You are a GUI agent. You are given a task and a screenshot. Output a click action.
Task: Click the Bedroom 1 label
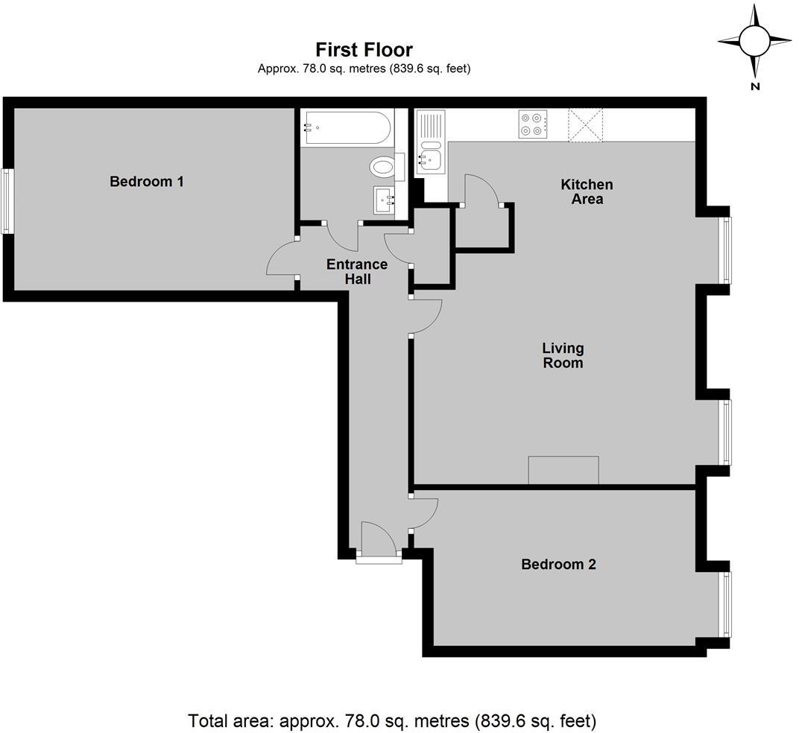146,181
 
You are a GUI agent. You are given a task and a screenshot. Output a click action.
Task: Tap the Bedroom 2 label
558,564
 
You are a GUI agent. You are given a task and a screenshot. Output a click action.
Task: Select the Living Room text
563,355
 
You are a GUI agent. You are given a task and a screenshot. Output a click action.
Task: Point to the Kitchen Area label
587,191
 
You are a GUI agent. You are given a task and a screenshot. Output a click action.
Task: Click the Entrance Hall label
357,271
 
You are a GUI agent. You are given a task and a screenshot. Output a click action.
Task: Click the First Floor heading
364,50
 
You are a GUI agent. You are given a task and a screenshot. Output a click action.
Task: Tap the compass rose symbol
754,41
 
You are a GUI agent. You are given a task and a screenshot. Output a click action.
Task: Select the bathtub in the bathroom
347,127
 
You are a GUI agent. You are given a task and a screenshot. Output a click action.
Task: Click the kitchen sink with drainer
430,144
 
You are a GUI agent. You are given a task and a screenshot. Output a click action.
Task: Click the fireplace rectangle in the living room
563,470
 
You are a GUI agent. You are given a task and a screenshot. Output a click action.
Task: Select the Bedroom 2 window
725,604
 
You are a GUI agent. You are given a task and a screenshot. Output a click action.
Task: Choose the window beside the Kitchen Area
725,250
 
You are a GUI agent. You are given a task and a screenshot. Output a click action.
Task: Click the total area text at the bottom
392,720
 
